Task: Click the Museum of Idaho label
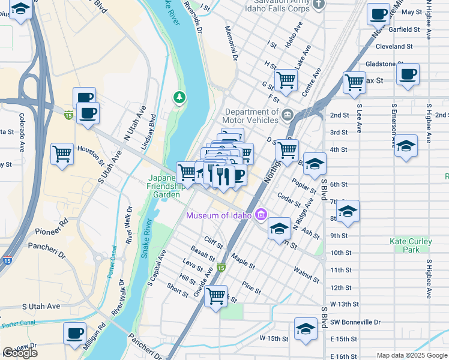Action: coord(219,215)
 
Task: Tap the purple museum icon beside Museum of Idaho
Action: coord(261,214)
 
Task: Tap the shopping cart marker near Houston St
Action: coord(62,154)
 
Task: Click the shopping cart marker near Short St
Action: coord(216,296)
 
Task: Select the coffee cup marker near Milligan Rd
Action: coord(75,334)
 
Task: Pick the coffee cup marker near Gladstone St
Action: coord(408,74)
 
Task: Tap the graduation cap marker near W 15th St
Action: coord(306,329)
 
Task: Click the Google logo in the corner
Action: coord(20,353)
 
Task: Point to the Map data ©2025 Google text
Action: coord(412,356)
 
